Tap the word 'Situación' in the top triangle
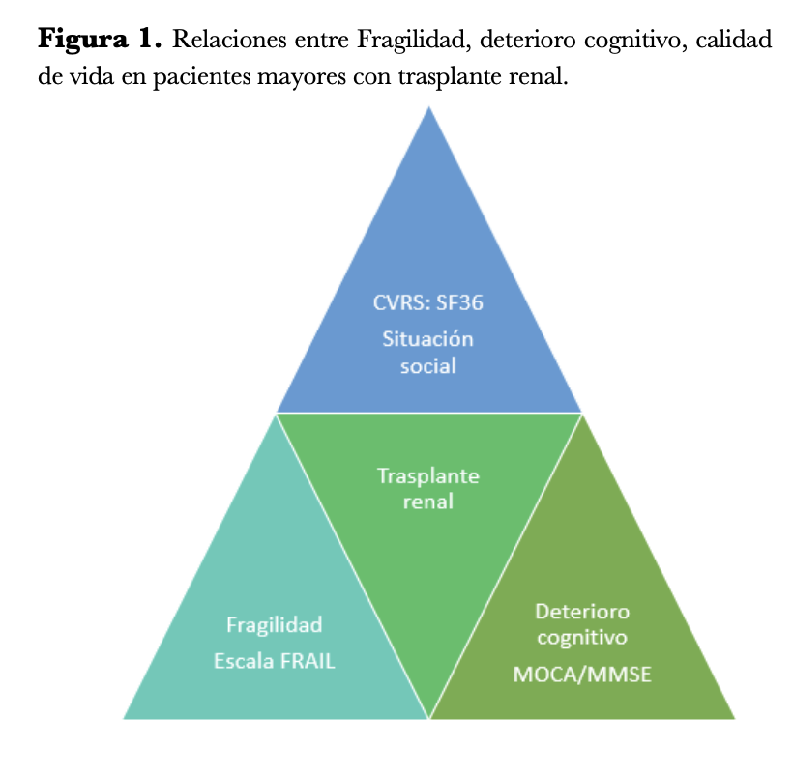pyautogui.click(x=427, y=340)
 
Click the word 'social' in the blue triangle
pyautogui.click(x=427, y=367)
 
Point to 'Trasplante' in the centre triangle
pyautogui.click(x=428, y=476)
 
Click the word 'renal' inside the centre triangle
pyautogui.click(x=428, y=502)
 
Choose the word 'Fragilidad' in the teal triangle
pyautogui.click(x=274, y=624)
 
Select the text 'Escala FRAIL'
pyautogui.click(x=275, y=662)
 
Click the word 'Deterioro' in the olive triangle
pyautogui.click(x=582, y=612)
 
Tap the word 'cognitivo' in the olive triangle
pyautogui.click(x=582, y=638)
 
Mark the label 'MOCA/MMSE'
pyautogui.click(x=582, y=675)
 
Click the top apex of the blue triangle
pyautogui.click(x=429, y=109)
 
